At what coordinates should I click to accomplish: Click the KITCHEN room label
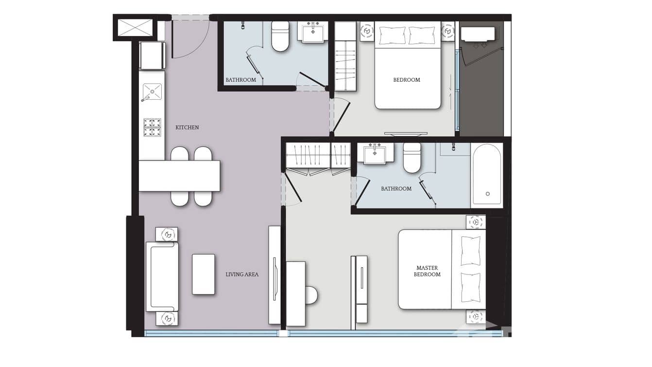[187, 128]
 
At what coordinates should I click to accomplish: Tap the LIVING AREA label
[242, 275]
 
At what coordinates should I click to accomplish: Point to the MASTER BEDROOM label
[427, 271]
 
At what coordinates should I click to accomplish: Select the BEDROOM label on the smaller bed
[407, 80]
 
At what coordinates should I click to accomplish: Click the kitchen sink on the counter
[152, 92]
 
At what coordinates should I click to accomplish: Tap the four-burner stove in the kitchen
[152, 128]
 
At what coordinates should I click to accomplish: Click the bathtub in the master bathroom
[487, 175]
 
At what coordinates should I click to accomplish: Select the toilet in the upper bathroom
[280, 36]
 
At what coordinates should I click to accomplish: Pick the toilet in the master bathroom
[412, 158]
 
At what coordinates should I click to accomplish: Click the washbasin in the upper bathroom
[313, 33]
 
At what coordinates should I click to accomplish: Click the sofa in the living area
[162, 276]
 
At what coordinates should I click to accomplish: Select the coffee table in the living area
[204, 274]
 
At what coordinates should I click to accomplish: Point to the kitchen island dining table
[179, 176]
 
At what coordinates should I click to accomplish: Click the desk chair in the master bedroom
[311, 295]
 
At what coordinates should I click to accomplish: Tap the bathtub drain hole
[488, 194]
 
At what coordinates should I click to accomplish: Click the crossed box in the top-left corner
[135, 28]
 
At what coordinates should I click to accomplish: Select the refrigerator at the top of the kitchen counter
[152, 56]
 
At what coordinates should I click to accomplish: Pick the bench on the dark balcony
[478, 34]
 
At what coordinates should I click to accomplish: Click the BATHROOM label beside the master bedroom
[396, 189]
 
